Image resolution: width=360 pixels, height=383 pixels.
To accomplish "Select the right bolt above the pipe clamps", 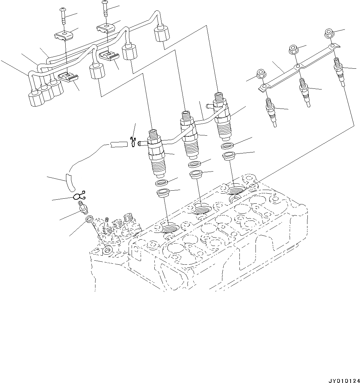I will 105,8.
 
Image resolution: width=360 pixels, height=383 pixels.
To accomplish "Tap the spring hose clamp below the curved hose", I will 79,195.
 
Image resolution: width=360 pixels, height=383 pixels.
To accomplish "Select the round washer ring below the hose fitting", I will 89,219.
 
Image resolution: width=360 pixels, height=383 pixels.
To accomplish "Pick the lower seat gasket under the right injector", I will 229,156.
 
